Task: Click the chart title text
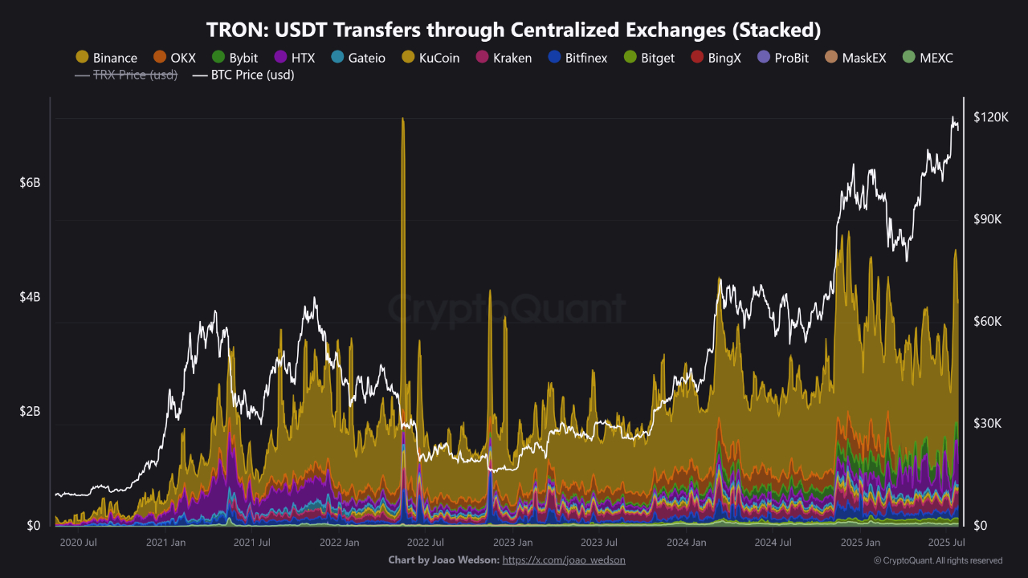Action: (x=514, y=30)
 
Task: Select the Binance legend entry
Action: (x=107, y=58)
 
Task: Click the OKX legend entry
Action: (x=174, y=58)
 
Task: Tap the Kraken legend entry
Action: (x=504, y=58)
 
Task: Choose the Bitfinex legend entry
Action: (x=577, y=58)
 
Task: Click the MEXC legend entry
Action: (x=928, y=58)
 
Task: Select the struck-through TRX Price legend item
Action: (x=126, y=75)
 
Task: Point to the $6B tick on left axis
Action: (x=30, y=183)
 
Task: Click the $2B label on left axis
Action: (x=30, y=412)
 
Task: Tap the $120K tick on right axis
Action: (x=989, y=118)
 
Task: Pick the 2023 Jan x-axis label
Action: (x=513, y=543)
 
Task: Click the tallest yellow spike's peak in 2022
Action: (x=402, y=120)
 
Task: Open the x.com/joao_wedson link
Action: (x=563, y=560)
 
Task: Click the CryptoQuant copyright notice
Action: (x=937, y=560)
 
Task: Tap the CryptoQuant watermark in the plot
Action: (x=506, y=308)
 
